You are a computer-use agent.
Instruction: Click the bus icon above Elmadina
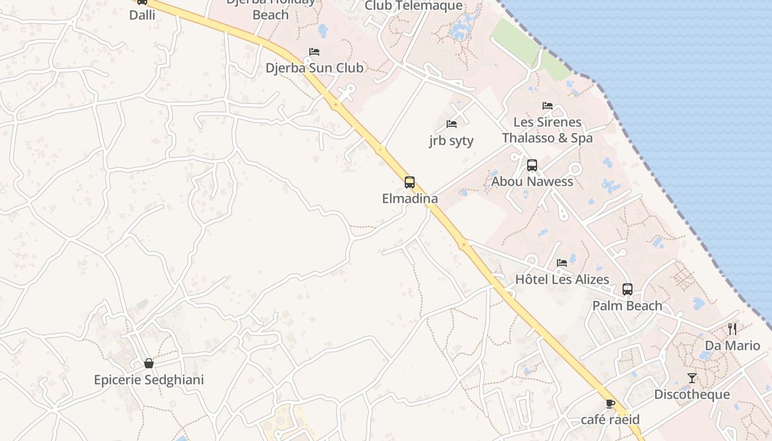point(410,182)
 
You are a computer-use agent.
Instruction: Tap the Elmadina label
point(410,198)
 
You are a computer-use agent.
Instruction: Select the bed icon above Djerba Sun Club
point(314,52)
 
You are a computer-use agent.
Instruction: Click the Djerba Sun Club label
point(314,68)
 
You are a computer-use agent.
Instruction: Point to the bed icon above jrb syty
point(452,124)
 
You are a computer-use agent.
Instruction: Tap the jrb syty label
point(451,141)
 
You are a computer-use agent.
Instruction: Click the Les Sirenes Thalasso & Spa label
point(548,130)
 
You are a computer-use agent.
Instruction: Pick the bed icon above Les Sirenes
point(548,106)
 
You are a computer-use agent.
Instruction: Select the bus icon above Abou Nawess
point(532,165)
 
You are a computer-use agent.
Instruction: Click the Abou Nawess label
point(532,181)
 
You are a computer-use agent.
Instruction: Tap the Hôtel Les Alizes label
point(562,279)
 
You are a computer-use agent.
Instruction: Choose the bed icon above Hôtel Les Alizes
point(562,263)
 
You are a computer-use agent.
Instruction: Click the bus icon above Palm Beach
point(628,289)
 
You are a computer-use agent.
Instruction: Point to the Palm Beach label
point(628,305)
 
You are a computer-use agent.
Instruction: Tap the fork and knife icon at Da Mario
point(732,329)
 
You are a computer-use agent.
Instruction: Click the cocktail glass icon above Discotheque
point(692,378)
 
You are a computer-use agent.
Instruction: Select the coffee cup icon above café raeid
point(610,404)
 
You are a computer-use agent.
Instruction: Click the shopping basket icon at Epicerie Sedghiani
point(149,363)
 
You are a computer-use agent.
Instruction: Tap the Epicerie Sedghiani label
point(149,380)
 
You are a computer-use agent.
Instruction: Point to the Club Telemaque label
point(414,6)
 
